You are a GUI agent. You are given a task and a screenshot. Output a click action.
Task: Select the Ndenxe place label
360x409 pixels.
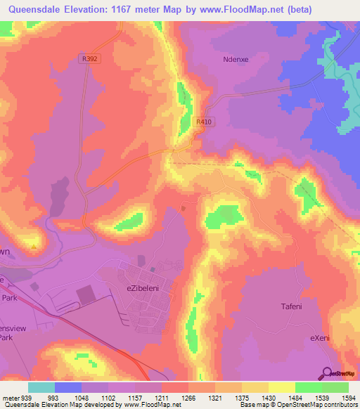(x=236, y=60)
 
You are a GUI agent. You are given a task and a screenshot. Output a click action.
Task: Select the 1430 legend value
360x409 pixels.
(x=259, y=398)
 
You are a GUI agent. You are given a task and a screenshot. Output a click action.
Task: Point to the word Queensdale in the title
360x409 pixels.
(x=36, y=9)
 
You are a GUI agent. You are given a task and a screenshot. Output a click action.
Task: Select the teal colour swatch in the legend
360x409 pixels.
(x=41, y=387)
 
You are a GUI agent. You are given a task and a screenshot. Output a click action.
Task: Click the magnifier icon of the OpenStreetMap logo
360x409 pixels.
(x=327, y=372)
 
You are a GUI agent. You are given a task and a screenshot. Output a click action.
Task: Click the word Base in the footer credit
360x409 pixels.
(x=247, y=405)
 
